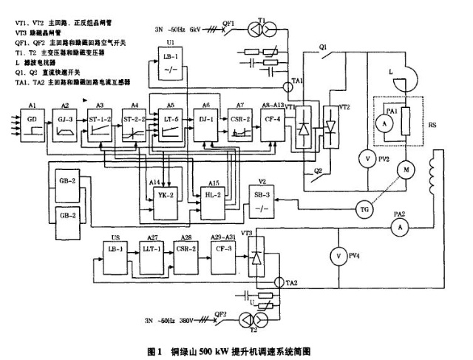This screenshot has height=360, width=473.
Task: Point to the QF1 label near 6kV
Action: (229, 23)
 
